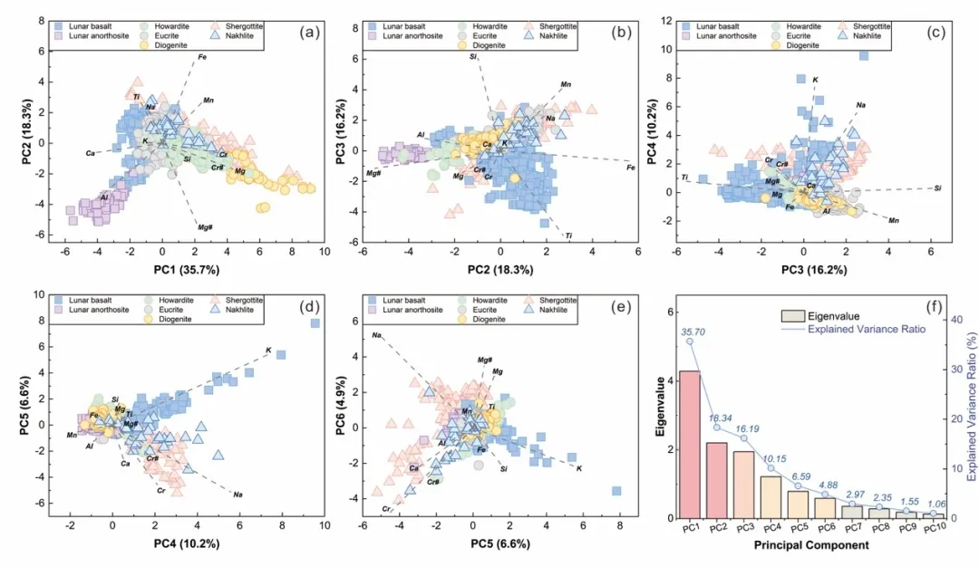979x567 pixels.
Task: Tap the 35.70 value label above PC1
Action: (715, 332)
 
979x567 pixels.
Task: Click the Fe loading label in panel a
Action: (202, 58)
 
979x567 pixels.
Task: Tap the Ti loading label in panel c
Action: (685, 177)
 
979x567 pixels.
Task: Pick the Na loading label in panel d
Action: (237, 495)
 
